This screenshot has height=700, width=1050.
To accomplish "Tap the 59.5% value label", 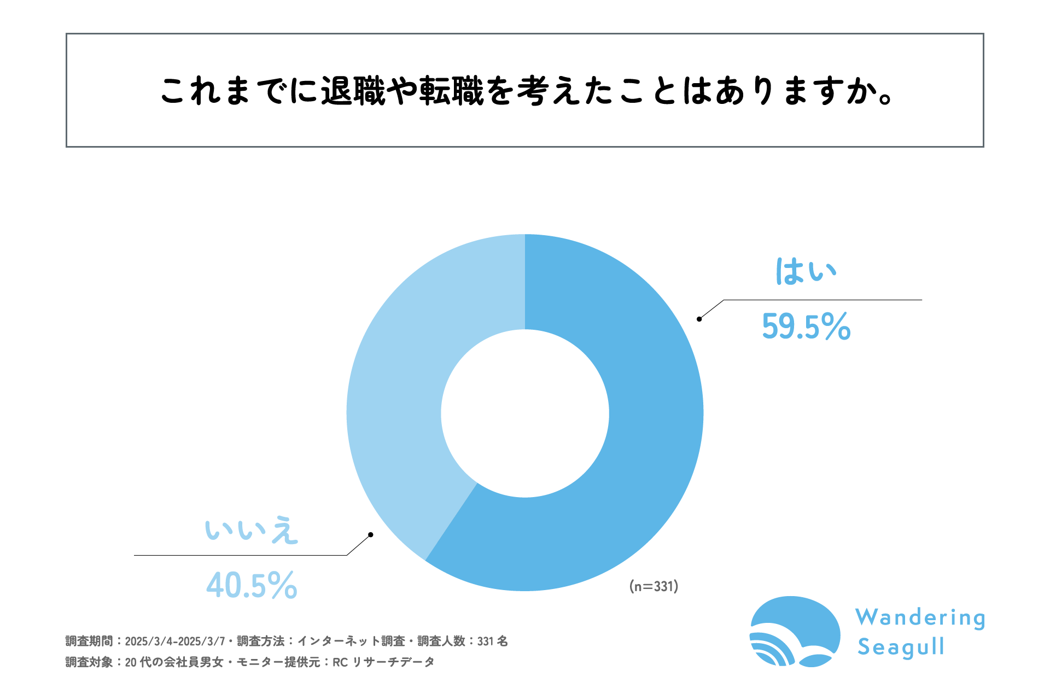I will pos(806,326).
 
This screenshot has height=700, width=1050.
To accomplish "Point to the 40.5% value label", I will pos(252,585).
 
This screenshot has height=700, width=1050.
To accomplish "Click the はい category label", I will pos(806,271).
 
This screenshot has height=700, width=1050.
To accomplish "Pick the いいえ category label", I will pos(252,530).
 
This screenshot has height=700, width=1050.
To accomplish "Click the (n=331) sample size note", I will pos(654,586).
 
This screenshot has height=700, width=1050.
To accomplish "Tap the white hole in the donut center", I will pos(525,413).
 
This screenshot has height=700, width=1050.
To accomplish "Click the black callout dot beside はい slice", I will pos(699,319).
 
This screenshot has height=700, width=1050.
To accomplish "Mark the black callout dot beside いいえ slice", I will pos(370,534).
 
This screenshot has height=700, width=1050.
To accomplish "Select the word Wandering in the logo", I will pos(920,618).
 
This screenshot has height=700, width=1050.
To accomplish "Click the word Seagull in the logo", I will pos(901,647).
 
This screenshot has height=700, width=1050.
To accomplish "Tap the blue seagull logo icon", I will pos(795,632).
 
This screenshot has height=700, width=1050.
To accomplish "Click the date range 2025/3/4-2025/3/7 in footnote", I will pos(174,641).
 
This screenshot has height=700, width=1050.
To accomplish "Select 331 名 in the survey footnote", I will pos(492,641).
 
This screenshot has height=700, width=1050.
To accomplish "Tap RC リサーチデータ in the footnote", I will pos(383,662).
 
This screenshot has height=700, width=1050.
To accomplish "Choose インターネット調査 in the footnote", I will pos(351,641).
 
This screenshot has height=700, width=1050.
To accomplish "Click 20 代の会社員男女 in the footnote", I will pos(174,662).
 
